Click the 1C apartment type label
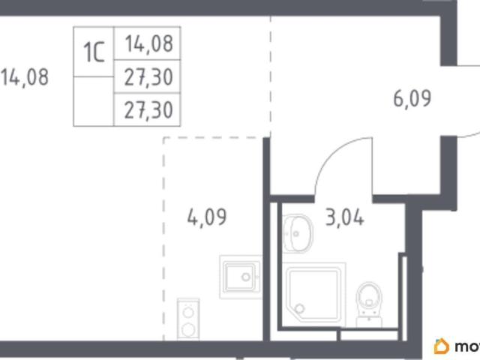coord(94,52)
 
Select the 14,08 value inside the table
coord(149,43)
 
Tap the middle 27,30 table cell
coord(148,76)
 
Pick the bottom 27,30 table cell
coord(148,110)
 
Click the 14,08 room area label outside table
coord(25,77)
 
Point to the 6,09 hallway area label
coord(412,98)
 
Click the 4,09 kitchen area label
coord(207,217)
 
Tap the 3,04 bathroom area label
coord(345,217)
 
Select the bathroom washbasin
coord(297,233)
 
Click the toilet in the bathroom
coord(369,304)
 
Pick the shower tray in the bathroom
coord(314,294)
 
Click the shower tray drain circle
coord(300,308)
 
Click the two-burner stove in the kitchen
coord(188,319)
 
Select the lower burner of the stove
coord(188,330)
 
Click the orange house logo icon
coord(442,346)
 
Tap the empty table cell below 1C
coord(94,101)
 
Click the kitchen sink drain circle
coord(246,277)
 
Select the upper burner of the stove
coord(188,312)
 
